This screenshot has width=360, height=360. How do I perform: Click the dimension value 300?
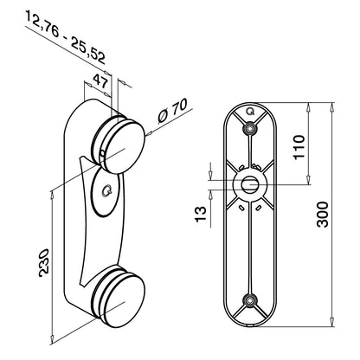tap(323, 215)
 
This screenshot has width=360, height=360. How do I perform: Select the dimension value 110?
tap(299, 146)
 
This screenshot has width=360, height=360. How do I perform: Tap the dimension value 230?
tap(44, 262)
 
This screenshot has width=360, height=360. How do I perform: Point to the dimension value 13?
tap(201, 214)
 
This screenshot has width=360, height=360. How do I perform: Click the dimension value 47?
tap(100, 81)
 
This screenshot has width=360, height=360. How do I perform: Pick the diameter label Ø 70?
tap(173, 112)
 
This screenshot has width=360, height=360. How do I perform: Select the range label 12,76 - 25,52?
tap(66, 37)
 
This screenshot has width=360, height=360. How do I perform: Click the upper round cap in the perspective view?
tap(123, 147)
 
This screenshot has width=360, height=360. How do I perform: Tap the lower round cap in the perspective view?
tap(123, 301)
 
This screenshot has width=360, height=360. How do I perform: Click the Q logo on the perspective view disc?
tap(107, 191)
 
